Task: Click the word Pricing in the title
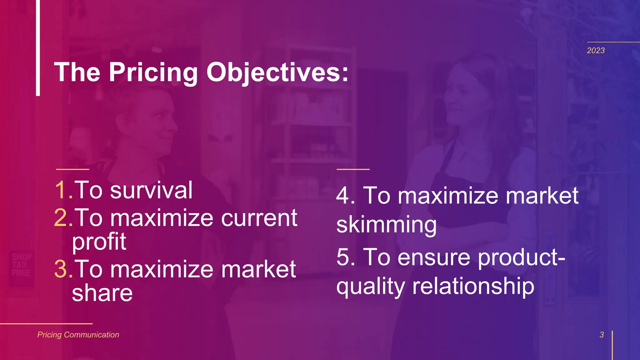pyautogui.click(x=153, y=72)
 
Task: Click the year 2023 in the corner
pyautogui.click(x=596, y=51)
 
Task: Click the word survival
pyautogui.click(x=151, y=190)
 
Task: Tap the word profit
pyautogui.click(x=99, y=242)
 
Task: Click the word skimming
pyautogui.click(x=386, y=225)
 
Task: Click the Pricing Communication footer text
pyautogui.click(x=78, y=335)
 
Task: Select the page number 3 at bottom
pyautogui.click(x=602, y=335)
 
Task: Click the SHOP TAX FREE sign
pyautogui.click(x=21, y=265)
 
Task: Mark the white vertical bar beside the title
pyautogui.click(x=38, y=47)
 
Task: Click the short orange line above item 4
pyautogui.click(x=353, y=169)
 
